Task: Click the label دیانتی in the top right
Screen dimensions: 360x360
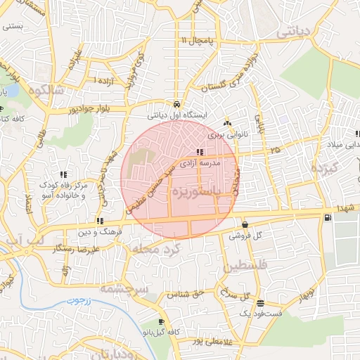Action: [295, 32]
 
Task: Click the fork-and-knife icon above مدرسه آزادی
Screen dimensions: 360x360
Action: [200, 152]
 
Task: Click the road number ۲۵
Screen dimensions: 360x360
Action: [274, 150]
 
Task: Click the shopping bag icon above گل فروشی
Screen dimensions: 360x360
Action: [244, 225]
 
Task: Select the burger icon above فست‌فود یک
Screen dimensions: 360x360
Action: [260, 304]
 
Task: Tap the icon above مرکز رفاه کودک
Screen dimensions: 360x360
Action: [63, 174]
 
